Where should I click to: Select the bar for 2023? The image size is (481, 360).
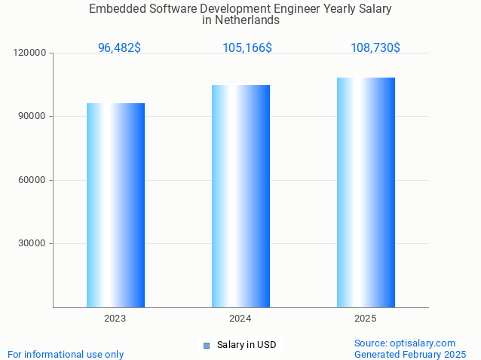coord(115,205)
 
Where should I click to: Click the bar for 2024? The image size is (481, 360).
coord(240,196)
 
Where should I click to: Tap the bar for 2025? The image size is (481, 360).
coord(366,192)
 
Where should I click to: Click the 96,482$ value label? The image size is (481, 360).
coord(119,47)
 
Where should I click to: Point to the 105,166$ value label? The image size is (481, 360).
coord(247,47)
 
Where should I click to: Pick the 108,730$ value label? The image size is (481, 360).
coord(375,47)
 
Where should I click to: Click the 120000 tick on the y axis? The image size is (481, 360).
coord(30,53)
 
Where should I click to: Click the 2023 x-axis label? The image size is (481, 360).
coord(115,319)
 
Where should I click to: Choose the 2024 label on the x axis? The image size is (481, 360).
coord(240,319)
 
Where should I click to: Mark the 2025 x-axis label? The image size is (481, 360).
coord(366,319)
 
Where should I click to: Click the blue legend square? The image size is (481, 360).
coord(206,346)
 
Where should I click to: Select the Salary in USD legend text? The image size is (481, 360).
coord(246,345)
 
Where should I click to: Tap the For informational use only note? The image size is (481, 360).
coord(66,354)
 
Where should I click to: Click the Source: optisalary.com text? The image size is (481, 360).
coord(405,343)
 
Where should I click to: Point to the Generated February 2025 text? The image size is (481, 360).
coord(410,354)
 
